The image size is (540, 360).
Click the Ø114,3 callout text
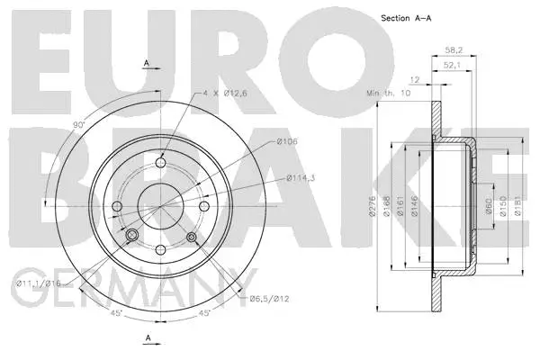click(299, 178)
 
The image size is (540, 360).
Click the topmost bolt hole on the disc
click(162, 162)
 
